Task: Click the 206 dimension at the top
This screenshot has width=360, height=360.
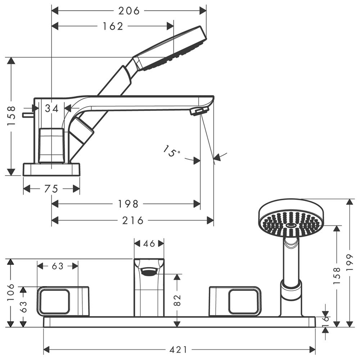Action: click(129, 11)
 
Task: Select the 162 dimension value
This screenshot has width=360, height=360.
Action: click(113, 26)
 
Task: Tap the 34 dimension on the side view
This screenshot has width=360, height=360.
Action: click(51, 108)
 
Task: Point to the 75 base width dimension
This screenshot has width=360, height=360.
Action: click(51, 189)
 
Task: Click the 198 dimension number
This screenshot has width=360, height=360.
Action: click(128, 204)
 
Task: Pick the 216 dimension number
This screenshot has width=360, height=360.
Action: click(133, 220)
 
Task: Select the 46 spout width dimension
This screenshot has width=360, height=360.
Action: click(149, 243)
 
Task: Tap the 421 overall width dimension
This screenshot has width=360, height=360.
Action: click(179, 350)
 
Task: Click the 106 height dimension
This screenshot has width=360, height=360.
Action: click(11, 292)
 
